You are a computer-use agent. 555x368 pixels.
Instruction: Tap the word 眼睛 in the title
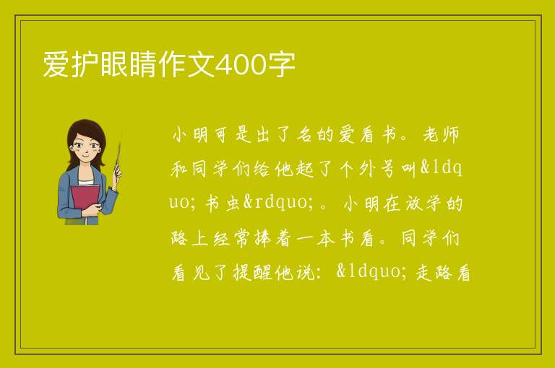pos(129,65)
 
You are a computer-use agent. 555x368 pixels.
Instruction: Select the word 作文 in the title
pos(186,65)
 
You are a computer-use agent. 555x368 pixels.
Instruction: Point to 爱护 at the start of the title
pos(72,65)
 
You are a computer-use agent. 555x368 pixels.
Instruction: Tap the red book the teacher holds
pos(85,198)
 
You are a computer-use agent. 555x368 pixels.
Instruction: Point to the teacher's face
pos(85,146)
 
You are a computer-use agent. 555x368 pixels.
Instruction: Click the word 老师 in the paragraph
pos(441,135)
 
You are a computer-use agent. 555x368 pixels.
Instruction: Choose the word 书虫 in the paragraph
pos(223,203)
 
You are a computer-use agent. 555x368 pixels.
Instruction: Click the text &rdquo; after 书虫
pos(278,203)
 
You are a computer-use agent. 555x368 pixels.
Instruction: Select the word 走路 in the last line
pos(434,273)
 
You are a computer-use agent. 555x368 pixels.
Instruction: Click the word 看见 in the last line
pos(191,273)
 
